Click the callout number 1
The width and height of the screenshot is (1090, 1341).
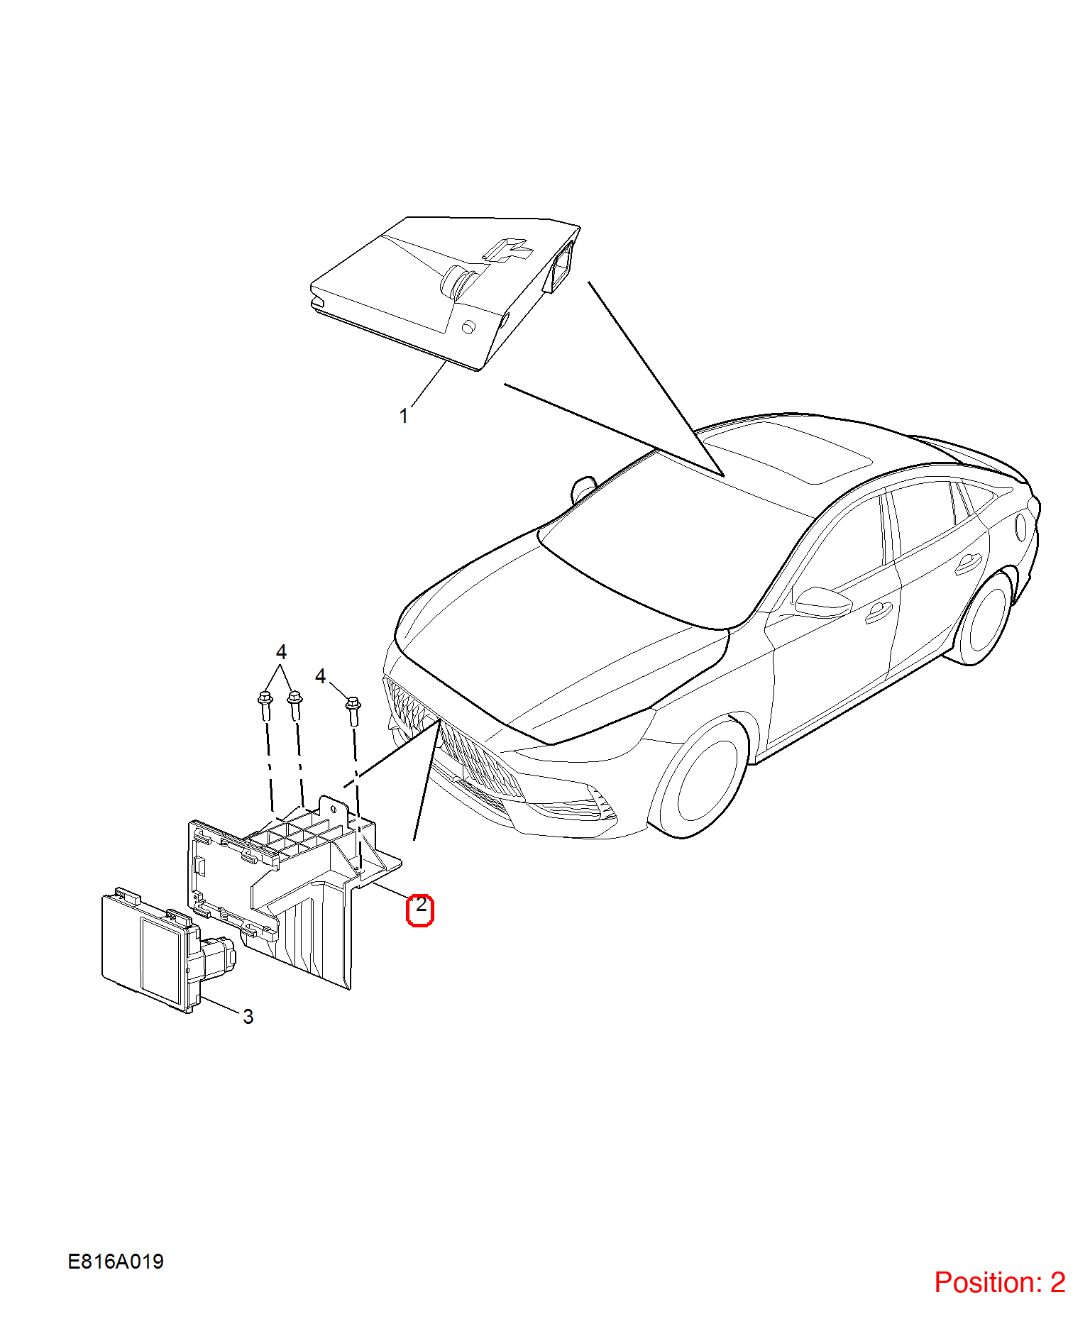pyautogui.click(x=404, y=416)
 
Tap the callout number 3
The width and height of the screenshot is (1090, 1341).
pyautogui.click(x=248, y=1017)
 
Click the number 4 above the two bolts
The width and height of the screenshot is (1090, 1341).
pyautogui.click(x=281, y=651)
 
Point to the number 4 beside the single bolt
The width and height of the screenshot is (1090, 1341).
pyautogui.click(x=320, y=676)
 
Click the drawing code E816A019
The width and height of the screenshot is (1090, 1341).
pyautogui.click(x=116, y=1262)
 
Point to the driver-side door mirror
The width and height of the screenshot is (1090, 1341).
pyautogui.click(x=822, y=602)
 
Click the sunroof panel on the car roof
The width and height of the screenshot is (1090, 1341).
pyautogui.click(x=788, y=451)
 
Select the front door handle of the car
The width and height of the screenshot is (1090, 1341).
pyautogui.click(x=879, y=612)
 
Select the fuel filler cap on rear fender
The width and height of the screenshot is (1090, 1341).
pyautogui.click(x=1021, y=526)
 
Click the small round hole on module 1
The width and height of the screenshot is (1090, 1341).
pyautogui.click(x=468, y=327)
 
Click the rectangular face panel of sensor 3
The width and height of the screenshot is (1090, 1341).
pyautogui.click(x=162, y=961)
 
